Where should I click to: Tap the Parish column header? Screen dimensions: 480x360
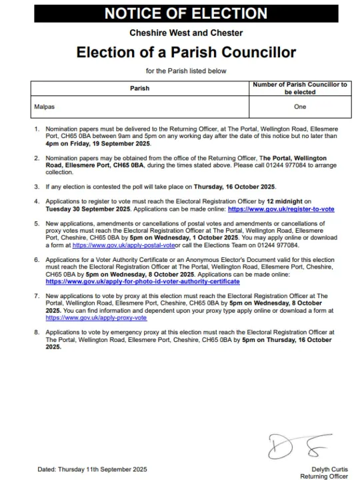click(x=139, y=88)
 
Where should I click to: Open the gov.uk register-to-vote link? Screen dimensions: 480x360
click(x=281, y=209)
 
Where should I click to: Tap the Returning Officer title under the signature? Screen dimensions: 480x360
click(x=324, y=477)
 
